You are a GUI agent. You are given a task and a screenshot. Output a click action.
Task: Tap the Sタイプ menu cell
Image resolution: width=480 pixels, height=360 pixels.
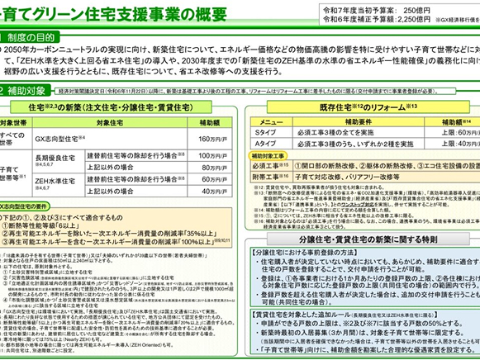point(264,132)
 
